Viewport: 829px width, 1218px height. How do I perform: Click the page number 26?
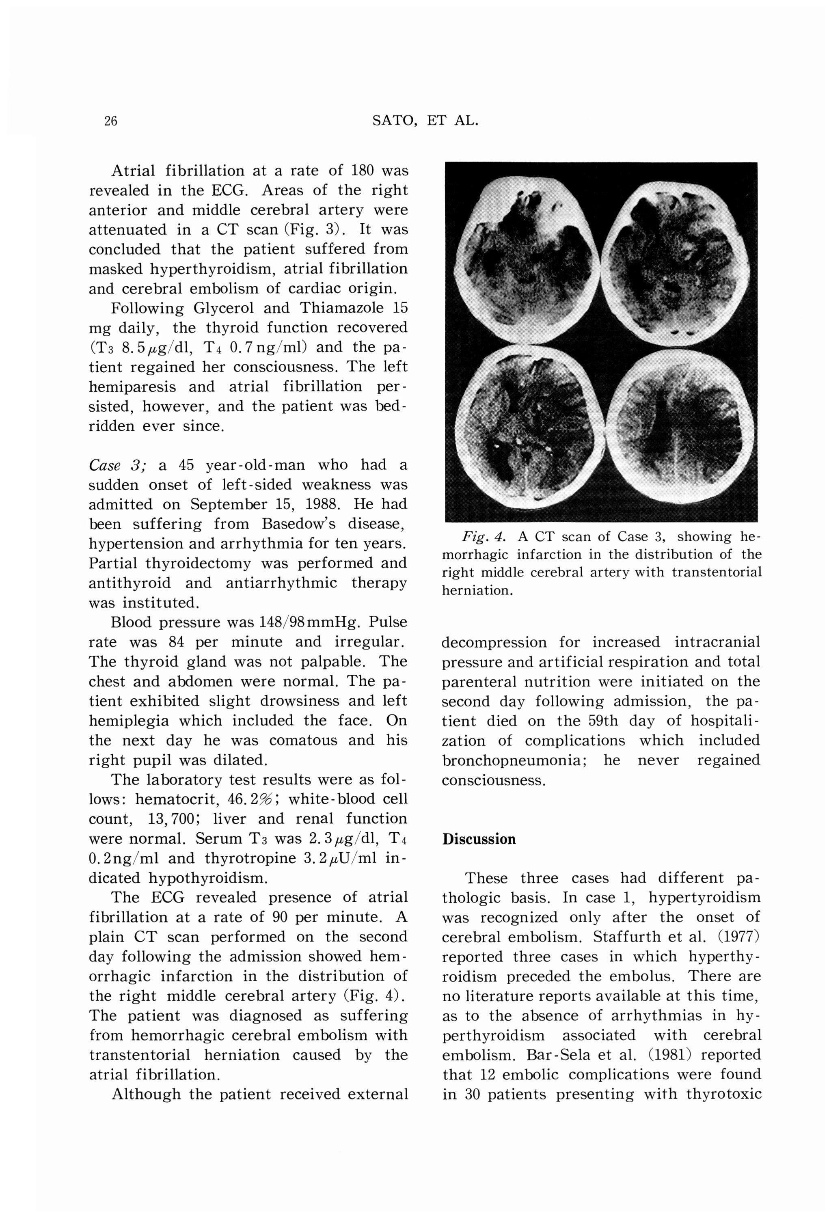tap(110, 121)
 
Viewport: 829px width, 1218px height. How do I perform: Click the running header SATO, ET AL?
tap(425, 121)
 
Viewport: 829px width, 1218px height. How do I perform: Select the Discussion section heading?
tap(478, 839)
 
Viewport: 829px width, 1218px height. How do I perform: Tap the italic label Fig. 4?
tap(483, 537)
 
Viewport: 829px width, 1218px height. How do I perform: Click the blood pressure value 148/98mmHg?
tap(309, 623)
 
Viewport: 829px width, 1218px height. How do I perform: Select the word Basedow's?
tap(300, 524)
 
